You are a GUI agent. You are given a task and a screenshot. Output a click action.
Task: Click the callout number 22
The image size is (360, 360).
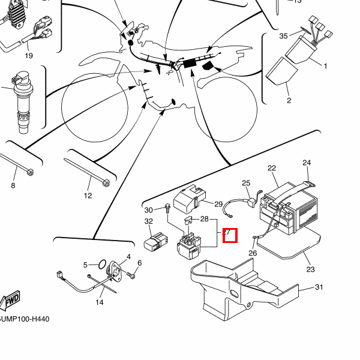click(271, 168)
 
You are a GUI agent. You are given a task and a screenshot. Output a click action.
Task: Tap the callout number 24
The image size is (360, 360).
click(307, 163)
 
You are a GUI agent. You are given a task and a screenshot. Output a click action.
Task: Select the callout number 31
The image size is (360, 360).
click(319, 287)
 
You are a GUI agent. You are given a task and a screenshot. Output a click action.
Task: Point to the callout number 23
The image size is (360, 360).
click(310, 269)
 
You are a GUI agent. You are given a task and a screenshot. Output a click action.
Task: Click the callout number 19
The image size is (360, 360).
click(29, 56)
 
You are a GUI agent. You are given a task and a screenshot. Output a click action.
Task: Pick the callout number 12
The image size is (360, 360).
click(88, 196)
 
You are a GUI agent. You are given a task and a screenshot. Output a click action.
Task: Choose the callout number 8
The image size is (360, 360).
click(13, 186)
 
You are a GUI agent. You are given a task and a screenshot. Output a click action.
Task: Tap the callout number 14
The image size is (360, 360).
click(100, 302)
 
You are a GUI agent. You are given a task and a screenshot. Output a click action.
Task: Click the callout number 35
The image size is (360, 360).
click(283, 36)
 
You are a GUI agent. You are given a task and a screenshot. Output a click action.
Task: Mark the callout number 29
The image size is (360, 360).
click(218, 204)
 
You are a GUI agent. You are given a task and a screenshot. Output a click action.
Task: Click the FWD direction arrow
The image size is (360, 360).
click(11, 299)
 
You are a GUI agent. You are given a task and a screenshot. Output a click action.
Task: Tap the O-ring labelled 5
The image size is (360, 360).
click(103, 264)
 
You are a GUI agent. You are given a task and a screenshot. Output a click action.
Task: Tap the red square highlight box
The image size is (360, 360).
click(230, 236)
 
